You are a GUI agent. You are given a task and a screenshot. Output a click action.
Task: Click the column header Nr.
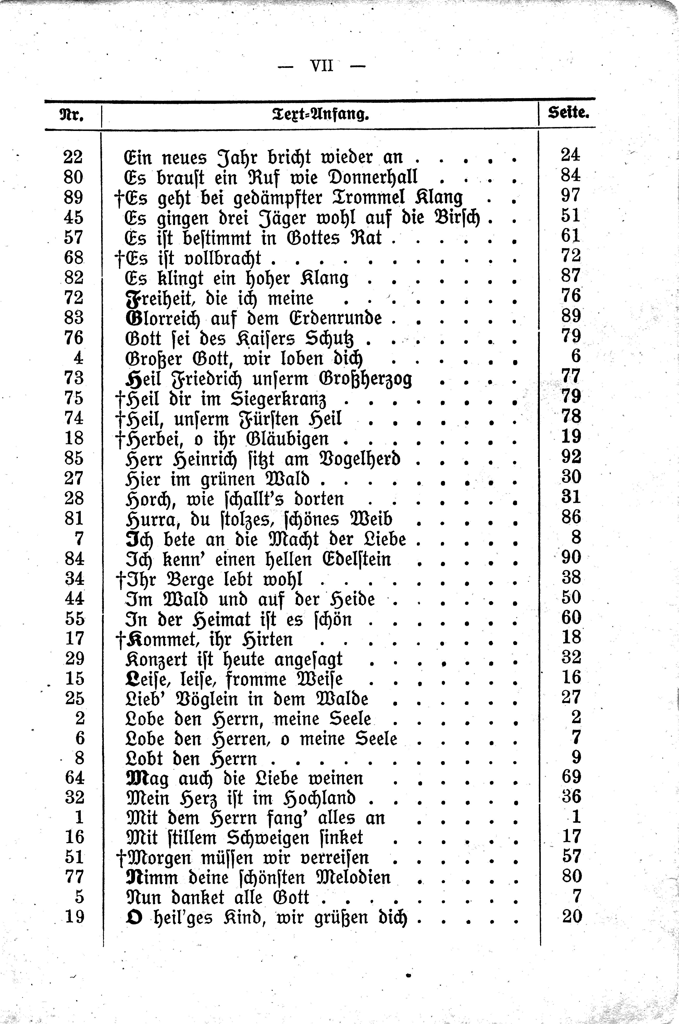(71, 115)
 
